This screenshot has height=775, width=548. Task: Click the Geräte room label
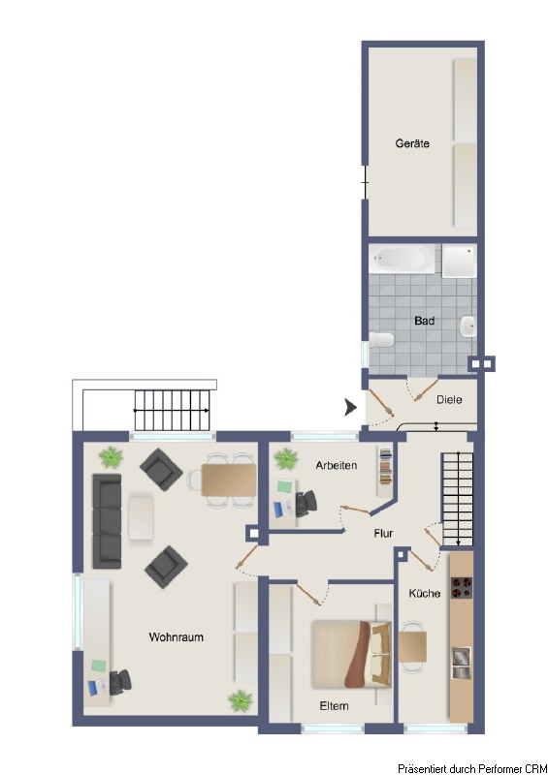coord(412,143)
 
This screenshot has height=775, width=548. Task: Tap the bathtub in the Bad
coord(402,259)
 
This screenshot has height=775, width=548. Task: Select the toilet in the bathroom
coord(381,340)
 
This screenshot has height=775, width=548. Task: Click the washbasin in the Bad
coord(468,326)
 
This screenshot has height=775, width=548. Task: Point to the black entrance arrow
coord(350,407)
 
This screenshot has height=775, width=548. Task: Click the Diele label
coord(449,399)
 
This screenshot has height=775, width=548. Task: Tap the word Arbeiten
coord(337,465)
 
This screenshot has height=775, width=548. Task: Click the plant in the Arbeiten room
coord(285,458)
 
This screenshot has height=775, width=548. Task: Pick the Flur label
coord(383,534)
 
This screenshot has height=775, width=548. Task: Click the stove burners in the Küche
coord(462,588)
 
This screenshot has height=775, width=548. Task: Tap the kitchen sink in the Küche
coord(461,662)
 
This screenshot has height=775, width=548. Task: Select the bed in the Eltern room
coord(351,654)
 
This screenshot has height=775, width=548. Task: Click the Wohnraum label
coord(177,637)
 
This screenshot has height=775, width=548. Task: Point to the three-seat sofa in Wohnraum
coord(107,521)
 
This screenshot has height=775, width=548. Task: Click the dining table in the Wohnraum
coord(228,480)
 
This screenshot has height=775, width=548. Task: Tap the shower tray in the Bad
coord(459,260)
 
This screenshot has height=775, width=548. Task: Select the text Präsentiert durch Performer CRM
coord(472,768)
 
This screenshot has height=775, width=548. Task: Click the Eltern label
coord(335,706)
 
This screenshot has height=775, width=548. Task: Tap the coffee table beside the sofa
coord(141,517)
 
